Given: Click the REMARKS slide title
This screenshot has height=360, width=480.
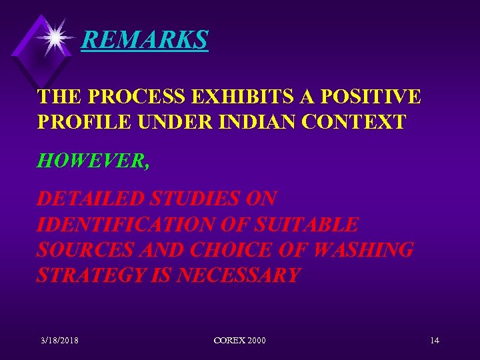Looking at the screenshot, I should (x=144, y=41).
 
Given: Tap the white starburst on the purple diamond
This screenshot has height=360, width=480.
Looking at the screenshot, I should (x=53, y=37).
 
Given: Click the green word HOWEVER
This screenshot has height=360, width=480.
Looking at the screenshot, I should (x=93, y=161).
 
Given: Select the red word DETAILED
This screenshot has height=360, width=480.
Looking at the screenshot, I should (x=90, y=199).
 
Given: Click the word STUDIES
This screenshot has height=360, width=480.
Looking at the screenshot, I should (x=195, y=199).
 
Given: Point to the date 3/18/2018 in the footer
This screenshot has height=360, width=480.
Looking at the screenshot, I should (x=59, y=341).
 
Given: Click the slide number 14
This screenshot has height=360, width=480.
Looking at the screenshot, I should (x=434, y=341).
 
